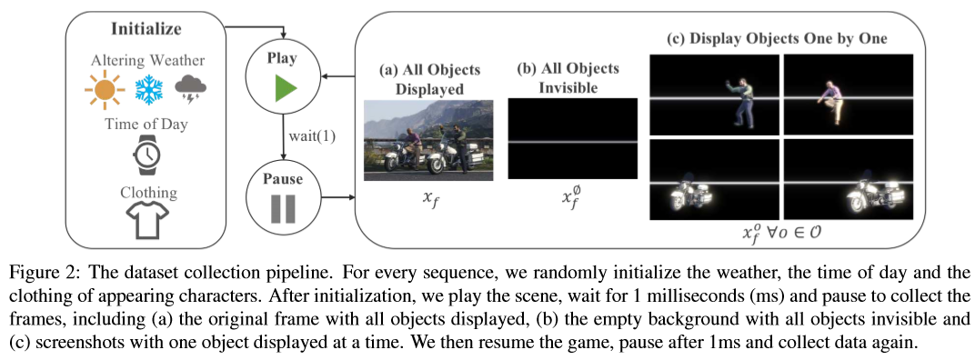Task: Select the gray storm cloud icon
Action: pos(191,88)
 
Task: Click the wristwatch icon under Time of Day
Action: pos(146,154)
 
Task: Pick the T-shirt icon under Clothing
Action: pos(146,219)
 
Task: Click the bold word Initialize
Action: pos(146,30)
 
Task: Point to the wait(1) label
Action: pos(312,135)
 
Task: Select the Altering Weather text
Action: pos(147,60)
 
